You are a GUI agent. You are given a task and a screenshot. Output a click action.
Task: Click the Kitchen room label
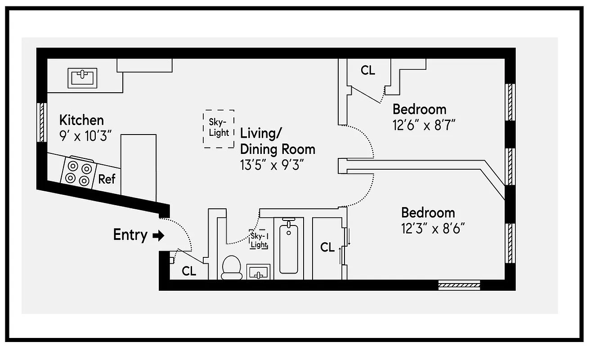(x=81, y=120)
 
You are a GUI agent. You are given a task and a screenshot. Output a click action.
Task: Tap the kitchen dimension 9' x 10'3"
(x=85, y=135)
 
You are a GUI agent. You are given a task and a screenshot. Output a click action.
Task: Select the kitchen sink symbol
(x=82, y=77)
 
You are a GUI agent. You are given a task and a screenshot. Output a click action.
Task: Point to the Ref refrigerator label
(x=107, y=179)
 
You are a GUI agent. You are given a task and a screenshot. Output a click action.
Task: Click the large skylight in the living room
(x=219, y=128)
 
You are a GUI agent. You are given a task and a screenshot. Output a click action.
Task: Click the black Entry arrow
(x=158, y=235)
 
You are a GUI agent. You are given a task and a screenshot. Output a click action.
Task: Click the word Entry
(x=130, y=235)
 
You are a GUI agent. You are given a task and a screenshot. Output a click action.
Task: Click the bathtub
(x=288, y=248)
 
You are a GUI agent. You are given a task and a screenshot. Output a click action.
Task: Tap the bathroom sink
(x=258, y=272)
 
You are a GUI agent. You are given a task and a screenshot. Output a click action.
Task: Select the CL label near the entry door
(x=189, y=271)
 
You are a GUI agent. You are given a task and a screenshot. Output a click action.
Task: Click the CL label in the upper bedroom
(x=368, y=70)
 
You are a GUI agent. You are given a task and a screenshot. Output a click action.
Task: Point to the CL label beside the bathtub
(x=327, y=247)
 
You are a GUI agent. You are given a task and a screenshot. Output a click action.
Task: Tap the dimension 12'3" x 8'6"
(x=432, y=229)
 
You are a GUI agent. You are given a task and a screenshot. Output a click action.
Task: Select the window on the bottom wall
(x=459, y=285)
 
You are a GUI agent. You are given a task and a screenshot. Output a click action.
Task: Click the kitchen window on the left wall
(x=42, y=122)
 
